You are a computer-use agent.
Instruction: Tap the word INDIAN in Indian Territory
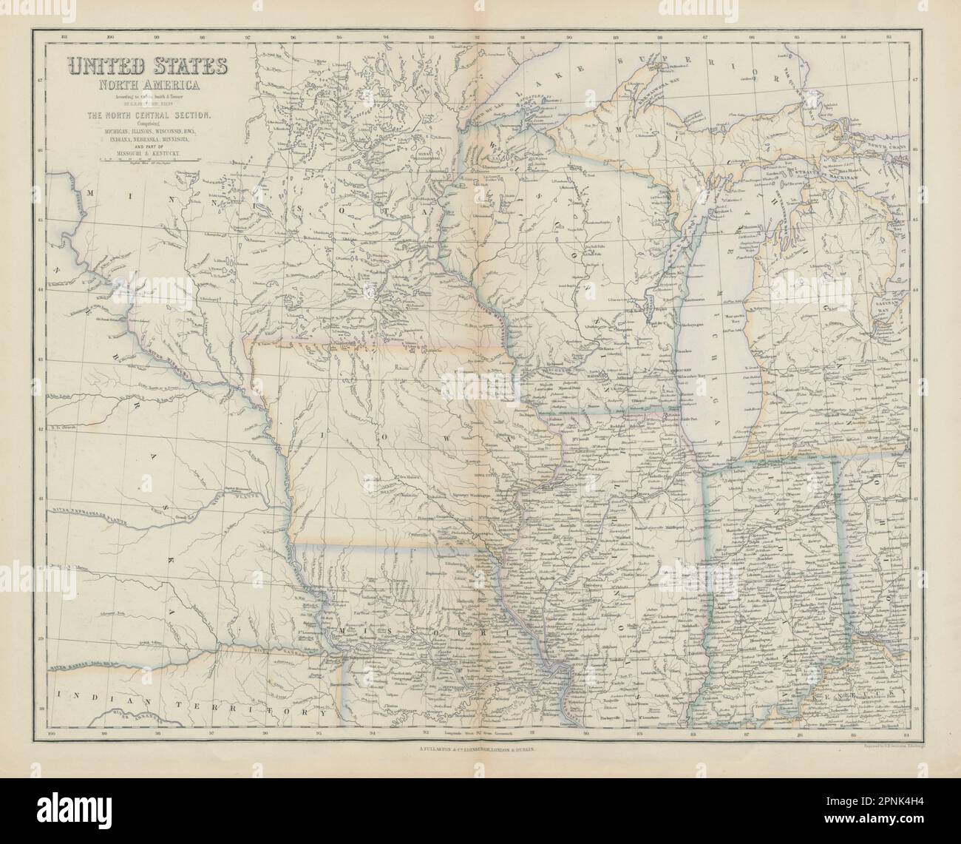[x=89, y=696]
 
